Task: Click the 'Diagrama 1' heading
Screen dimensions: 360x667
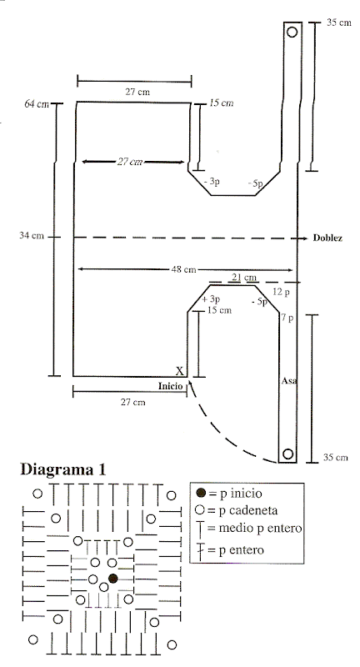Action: (x=62, y=469)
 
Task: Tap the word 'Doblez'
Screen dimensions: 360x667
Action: (x=327, y=238)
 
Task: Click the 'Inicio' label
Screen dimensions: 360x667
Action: (x=171, y=386)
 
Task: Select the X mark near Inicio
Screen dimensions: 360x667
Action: (x=180, y=371)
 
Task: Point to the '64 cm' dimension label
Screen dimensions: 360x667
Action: (x=37, y=103)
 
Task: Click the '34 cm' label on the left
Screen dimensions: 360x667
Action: (x=32, y=235)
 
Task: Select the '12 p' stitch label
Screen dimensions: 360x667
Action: (x=281, y=293)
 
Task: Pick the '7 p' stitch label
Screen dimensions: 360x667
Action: (x=287, y=318)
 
